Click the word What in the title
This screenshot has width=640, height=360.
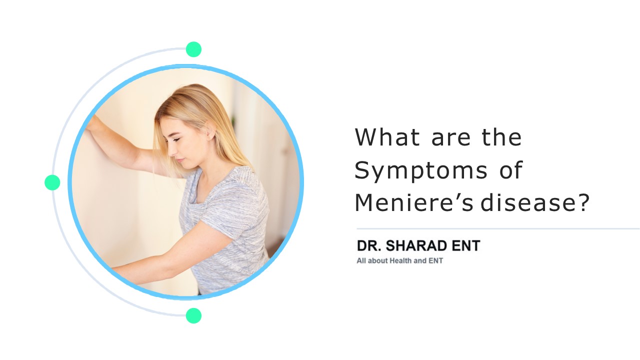pyautogui.click(x=385, y=137)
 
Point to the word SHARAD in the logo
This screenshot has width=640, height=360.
pyautogui.click(x=419, y=246)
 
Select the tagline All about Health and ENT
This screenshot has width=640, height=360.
pyautogui.click(x=399, y=260)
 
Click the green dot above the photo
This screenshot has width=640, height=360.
pyautogui.click(x=193, y=49)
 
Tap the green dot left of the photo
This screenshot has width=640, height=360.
pyautogui.click(x=52, y=182)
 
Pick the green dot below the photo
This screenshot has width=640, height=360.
pyautogui.click(x=193, y=315)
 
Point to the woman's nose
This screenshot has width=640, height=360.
pyautogui.click(x=168, y=148)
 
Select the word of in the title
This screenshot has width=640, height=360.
pyautogui.click(x=510, y=171)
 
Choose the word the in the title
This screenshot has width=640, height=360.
pyautogui.click(x=501, y=137)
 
